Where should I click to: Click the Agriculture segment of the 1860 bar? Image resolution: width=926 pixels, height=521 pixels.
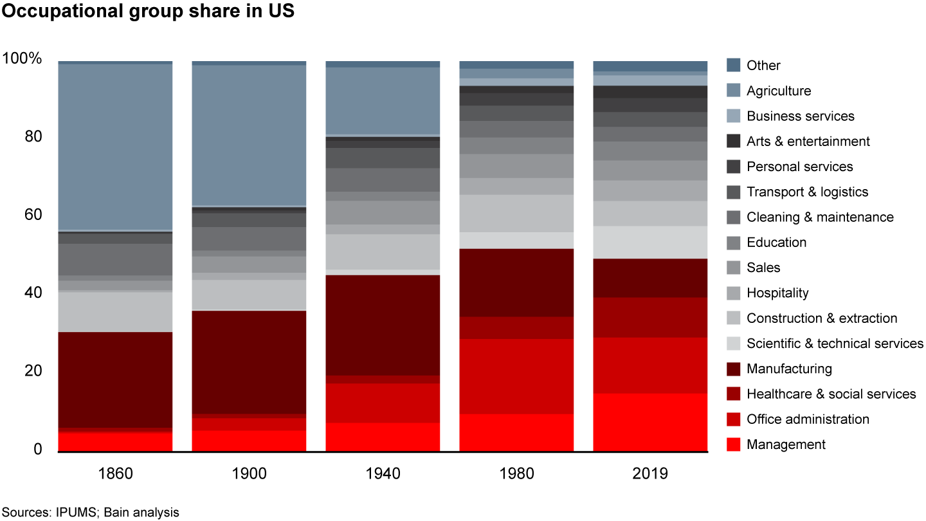(x=115, y=147)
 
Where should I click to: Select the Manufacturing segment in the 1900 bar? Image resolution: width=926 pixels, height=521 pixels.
(x=249, y=362)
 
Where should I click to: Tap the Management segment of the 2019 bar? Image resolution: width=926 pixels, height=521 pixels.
(x=650, y=421)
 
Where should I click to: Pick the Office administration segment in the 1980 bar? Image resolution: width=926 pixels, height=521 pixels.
(x=516, y=376)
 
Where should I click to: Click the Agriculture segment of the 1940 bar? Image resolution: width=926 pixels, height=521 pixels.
(x=383, y=100)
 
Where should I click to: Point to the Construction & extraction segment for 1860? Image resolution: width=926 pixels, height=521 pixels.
(x=115, y=312)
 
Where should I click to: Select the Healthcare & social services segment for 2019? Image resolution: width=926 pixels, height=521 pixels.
(x=650, y=317)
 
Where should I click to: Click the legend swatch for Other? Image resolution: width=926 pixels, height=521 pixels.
(x=733, y=66)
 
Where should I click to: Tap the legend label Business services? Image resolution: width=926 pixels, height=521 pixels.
(x=801, y=116)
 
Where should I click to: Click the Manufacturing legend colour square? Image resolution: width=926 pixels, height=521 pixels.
(x=733, y=369)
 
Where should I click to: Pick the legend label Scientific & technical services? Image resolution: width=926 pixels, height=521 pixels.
(x=835, y=343)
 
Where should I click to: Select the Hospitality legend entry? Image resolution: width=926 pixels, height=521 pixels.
(x=777, y=293)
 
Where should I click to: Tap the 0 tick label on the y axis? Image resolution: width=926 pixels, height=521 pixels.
(x=39, y=450)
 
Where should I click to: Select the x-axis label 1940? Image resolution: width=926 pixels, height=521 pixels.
(x=383, y=475)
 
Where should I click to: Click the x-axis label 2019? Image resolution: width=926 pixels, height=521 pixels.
(x=650, y=475)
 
